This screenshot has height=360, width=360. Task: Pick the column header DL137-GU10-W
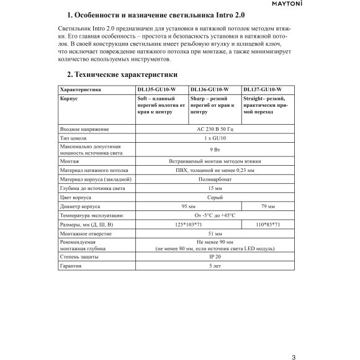(263, 90)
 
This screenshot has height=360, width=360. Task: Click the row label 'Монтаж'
(70, 160)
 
